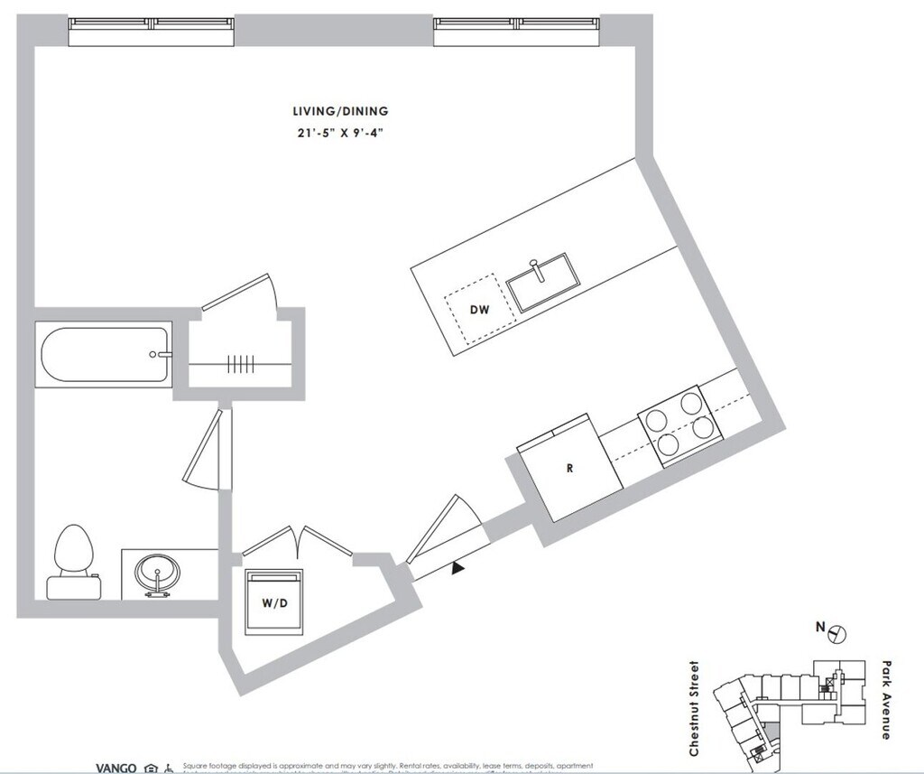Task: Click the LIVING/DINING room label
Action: click(x=340, y=111)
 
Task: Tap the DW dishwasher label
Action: click(x=479, y=310)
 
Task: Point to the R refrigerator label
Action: click(x=569, y=469)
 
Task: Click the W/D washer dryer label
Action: click(x=275, y=604)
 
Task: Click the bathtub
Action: click(x=104, y=355)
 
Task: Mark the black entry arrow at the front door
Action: click(x=458, y=567)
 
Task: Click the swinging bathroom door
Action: click(x=206, y=452)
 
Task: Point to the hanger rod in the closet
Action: click(x=241, y=364)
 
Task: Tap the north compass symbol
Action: click(x=836, y=633)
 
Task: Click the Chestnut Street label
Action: click(x=694, y=709)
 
